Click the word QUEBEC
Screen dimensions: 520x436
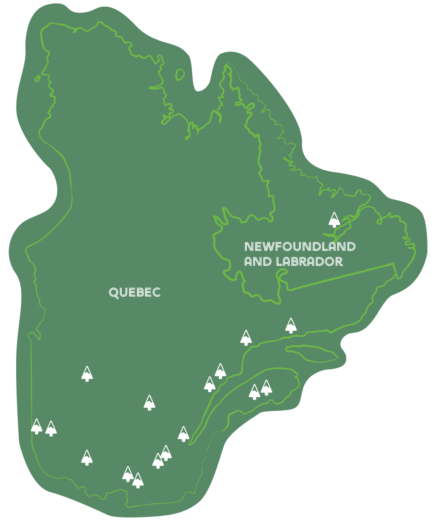pos(134,293)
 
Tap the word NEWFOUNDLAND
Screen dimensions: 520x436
pos(300,247)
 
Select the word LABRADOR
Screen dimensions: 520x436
pos(309,261)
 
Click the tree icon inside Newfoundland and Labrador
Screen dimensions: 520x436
pos(334,220)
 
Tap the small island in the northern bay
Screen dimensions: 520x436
pos(180,74)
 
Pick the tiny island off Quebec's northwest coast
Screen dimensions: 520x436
pos(37,79)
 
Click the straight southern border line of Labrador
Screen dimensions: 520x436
pos(340,277)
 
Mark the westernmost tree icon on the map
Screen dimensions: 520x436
pos(37,426)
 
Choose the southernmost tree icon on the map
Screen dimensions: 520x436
pos(137,480)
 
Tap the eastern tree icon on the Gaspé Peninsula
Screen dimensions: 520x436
pos(266,388)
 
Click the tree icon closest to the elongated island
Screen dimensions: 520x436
pos(291,326)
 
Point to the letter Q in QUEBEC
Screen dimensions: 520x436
pos(114,293)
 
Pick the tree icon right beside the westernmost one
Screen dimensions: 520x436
pos(51,429)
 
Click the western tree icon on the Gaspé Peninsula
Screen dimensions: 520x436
pos(254,392)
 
